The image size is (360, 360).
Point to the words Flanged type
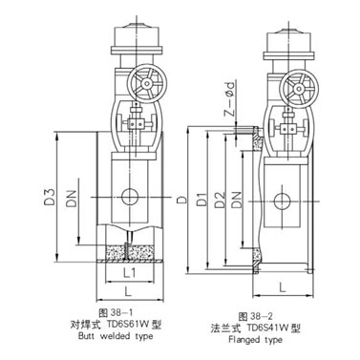258,341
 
